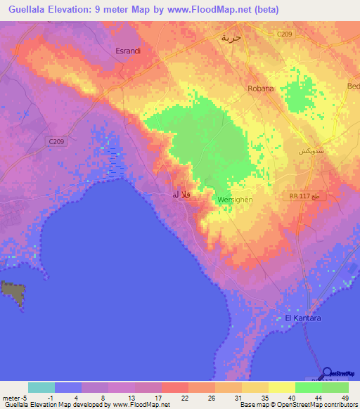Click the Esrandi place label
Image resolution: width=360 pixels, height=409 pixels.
[x=128, y=51]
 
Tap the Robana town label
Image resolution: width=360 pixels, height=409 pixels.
[x=260, y=89]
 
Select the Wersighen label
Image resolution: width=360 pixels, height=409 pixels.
[x=235, y=200]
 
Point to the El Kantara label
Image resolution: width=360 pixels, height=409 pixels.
[x=302, y=318]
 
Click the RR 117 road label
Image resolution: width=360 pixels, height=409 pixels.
[x=301, y=197]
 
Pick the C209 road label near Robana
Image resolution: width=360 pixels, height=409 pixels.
[x=284, y=34]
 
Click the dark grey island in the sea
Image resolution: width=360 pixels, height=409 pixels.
[x=11, y=292]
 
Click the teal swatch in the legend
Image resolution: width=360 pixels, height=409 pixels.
[x=41, y=387]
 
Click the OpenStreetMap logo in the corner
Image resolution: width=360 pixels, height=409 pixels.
[x=336, y=374]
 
